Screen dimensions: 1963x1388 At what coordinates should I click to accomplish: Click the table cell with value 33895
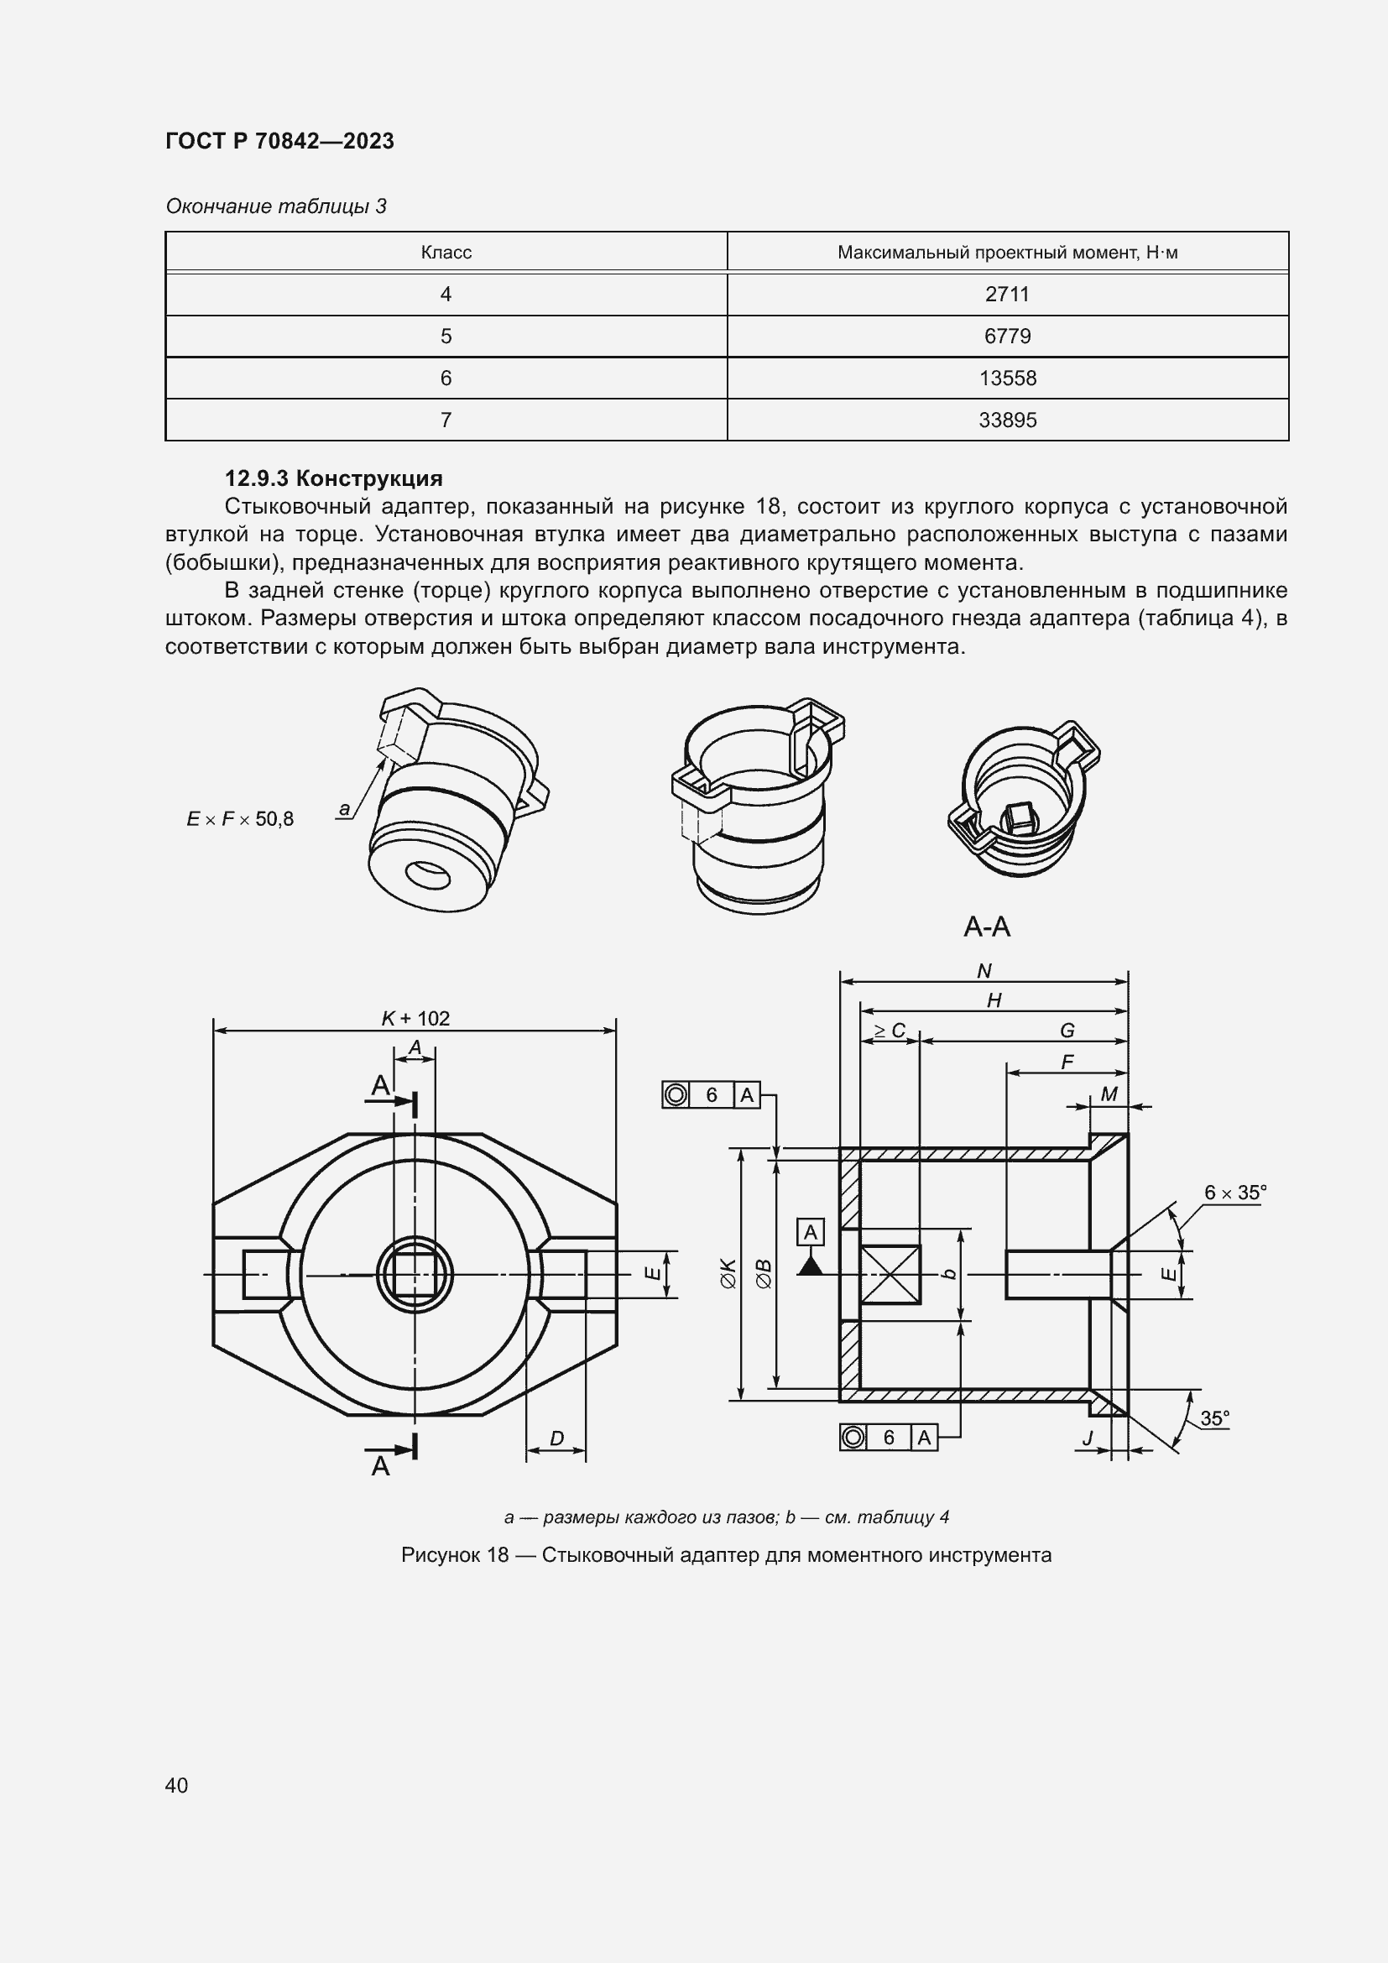point(1007,420)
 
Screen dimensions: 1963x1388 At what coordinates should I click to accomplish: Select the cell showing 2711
point(1007,294)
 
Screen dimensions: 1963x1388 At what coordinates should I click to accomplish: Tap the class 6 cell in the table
point(446,378)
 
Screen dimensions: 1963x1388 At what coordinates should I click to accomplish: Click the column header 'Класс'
point(446,253)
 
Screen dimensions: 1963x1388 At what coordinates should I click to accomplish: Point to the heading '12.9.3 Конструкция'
point(333,478)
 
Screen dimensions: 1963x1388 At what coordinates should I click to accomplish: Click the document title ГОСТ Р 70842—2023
point(279,141)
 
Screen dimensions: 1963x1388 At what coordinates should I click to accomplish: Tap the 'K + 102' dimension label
point(415,1018)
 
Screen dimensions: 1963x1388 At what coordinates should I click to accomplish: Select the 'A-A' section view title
point(986,927)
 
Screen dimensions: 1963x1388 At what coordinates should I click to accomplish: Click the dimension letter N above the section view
point(984,971)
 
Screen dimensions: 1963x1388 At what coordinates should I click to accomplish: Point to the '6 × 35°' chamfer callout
point(1234,1193)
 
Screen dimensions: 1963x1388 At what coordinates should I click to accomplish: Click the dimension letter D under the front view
point(556,1439)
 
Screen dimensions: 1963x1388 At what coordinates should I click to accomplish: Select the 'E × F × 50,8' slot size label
point(240,819)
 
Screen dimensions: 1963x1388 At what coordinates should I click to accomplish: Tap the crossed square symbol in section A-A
point(890,1274)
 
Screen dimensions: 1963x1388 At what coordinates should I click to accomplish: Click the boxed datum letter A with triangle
point(811,1233)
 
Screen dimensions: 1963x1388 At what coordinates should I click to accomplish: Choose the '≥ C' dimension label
point(889,1031)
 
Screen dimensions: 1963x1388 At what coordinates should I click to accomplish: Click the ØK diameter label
point(728,1273)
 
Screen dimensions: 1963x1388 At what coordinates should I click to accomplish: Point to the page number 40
point(177,1785)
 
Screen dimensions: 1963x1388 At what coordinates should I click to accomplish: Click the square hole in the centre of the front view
point(415,1275)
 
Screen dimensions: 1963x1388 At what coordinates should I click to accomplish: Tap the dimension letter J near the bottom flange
point(1088,1439)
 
